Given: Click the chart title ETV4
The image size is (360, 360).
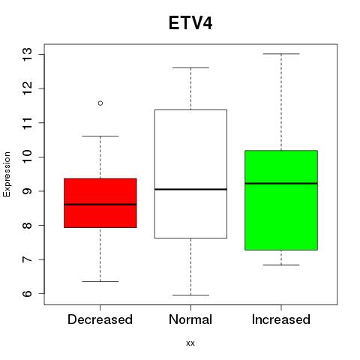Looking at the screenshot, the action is pos(190,23).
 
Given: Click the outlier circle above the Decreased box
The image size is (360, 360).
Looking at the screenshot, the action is pos(100,103).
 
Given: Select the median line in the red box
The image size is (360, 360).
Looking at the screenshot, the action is pos(100,205).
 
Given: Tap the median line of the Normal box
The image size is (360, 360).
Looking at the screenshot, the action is pos(190,189).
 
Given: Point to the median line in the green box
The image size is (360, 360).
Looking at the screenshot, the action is pos(281,184).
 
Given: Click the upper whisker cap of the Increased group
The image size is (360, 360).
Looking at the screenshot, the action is pos(281,54).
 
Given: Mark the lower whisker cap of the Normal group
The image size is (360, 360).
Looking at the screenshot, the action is pos(190,295).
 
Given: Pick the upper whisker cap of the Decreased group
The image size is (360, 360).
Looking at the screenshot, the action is pos(100,136).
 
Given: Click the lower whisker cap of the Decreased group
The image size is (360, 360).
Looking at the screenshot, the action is pos(100,281).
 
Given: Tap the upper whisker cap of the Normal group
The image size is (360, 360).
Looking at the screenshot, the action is pos(190,67).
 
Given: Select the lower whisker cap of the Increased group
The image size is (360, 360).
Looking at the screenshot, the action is pos(281,265).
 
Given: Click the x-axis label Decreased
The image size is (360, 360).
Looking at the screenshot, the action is pos(100,319).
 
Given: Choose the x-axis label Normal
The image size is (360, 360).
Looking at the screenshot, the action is pos(190,319).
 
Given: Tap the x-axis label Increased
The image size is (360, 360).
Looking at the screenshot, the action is pos(281,319).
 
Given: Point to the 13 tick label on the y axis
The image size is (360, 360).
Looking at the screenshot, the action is pos(28,54).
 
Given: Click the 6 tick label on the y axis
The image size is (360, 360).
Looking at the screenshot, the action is pos(28,293).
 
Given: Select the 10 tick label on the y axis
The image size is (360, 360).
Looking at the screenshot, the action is pos(28,157).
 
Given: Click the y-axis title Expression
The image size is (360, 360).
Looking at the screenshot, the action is pos(7,175).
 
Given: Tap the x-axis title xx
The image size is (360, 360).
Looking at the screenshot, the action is pos(190,343).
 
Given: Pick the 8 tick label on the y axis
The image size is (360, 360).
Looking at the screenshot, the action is pos(28,225).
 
